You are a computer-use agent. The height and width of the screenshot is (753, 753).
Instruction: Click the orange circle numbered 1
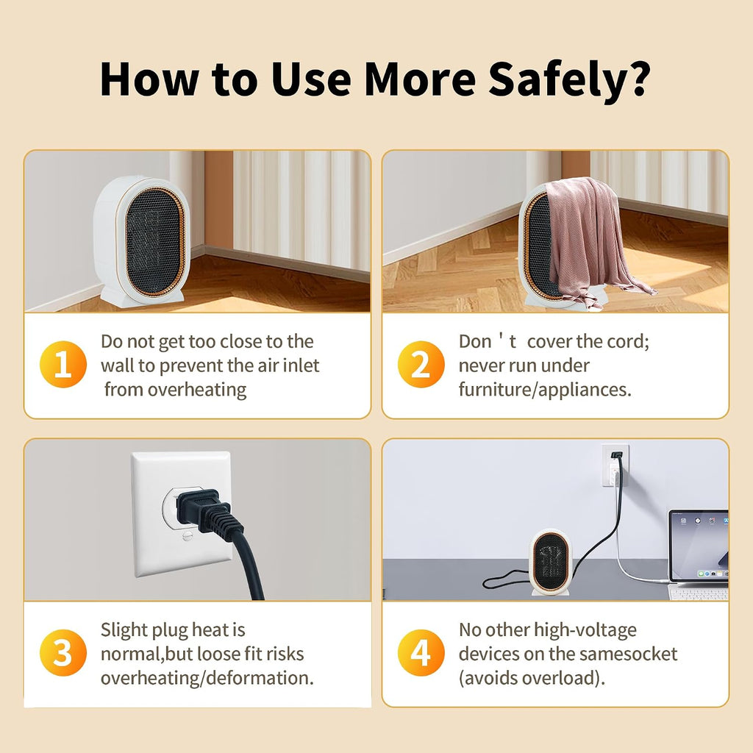[63, 365]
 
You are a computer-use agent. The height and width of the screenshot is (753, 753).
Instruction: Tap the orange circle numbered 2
[421, 365]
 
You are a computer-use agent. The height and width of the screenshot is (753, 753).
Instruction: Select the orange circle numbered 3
[63, 653]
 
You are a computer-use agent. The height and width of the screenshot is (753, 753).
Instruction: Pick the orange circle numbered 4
[421, 653]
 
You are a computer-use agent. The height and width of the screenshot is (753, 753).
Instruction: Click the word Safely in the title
[568, 79]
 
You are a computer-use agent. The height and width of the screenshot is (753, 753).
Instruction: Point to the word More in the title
[420, 79]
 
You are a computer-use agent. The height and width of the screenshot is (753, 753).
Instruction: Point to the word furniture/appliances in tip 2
[545, 390]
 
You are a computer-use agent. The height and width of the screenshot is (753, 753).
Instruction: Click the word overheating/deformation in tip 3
[207, 678]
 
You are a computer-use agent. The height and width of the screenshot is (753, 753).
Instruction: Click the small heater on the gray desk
[552, 562]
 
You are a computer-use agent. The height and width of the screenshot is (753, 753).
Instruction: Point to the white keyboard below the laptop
[699, 593]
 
